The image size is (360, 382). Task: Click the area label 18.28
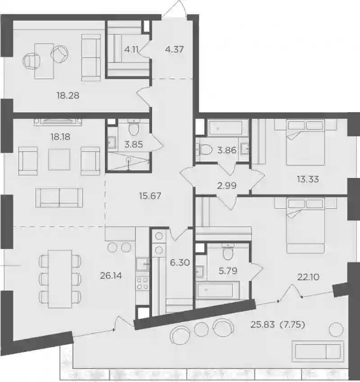click(68, 95)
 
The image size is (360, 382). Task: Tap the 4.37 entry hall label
click(174, 49)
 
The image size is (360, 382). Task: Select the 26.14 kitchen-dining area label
click(111, 275)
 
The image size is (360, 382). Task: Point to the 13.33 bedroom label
click(308, 179)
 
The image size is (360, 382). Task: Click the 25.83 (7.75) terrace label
click(278, 324)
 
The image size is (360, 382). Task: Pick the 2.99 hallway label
click(227, 186)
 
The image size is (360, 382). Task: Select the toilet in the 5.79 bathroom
click(228, 252)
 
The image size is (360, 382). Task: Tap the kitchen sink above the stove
click(142, 264)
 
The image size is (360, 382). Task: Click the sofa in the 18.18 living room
click(59, 198)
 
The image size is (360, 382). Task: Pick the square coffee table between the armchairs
click(59, 160)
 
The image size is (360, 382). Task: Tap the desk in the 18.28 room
click(44, 61)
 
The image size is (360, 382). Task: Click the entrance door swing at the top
click(175, 8)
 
